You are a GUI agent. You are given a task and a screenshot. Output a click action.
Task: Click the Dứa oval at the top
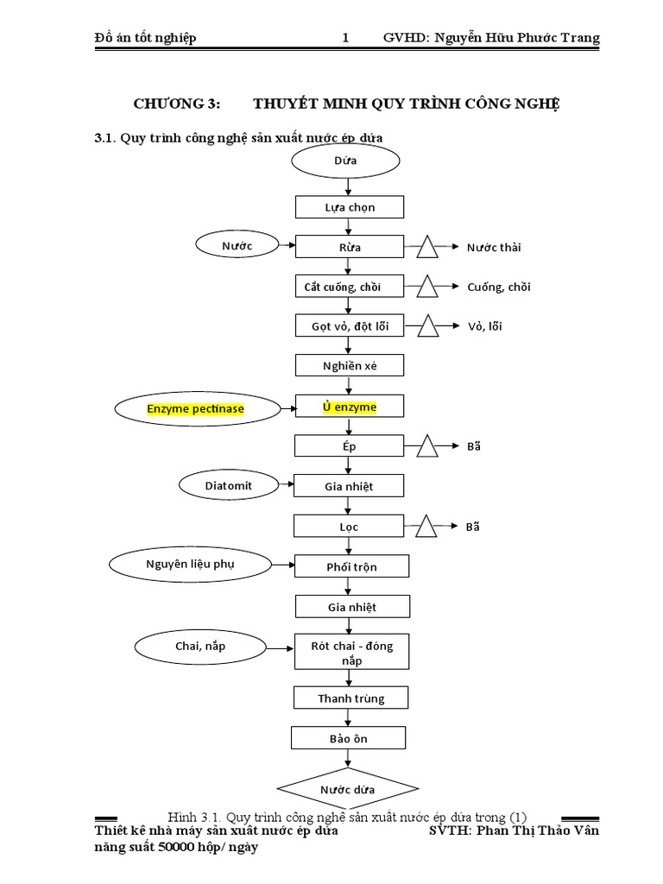(345, 161)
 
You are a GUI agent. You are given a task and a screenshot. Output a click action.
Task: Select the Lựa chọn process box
(350, 207)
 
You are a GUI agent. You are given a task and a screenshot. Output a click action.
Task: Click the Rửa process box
(350, 247)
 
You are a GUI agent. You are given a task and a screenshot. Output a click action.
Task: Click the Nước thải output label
(494, 248)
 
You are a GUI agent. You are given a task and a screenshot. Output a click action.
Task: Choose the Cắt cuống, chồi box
(349, 287)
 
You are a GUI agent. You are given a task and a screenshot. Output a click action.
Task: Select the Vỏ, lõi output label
(484, 326)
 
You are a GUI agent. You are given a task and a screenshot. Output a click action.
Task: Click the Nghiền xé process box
(350, 366)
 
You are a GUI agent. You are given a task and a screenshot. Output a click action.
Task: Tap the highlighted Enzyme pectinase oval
(196, 407)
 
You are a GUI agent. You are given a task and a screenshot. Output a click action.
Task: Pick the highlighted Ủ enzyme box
(350, 407)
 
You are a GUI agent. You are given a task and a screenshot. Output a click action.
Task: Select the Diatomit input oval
(229, 485)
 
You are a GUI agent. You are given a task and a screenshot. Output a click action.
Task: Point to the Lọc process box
(350, 526)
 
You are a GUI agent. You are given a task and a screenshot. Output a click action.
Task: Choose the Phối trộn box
(351, 567)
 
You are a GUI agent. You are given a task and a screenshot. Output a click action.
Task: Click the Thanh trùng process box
(350, 698)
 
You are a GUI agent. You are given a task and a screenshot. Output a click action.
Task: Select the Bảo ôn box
(348, 739)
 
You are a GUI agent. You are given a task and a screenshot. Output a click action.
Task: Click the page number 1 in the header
(346, 38)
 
